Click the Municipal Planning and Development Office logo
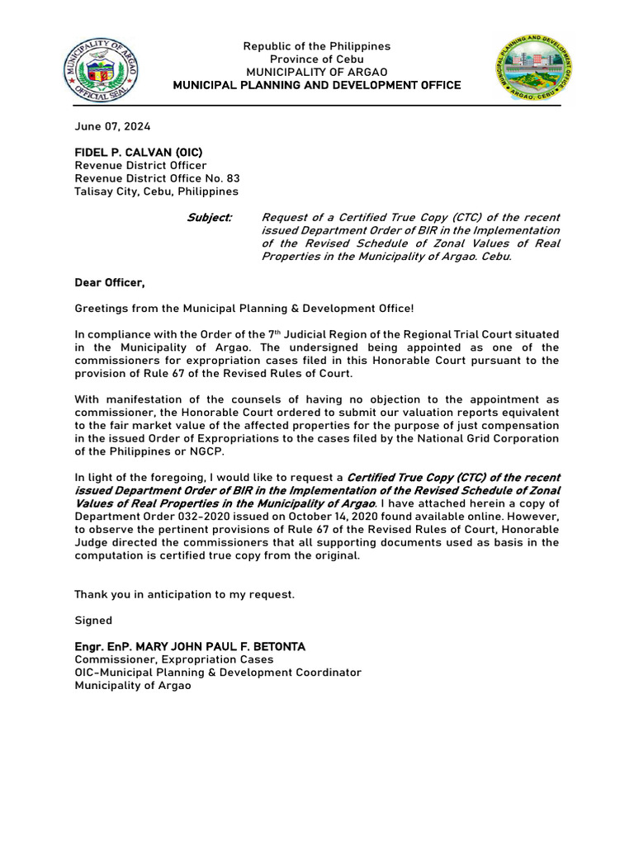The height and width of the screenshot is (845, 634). pos(534,69)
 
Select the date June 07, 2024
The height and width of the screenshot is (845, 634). pos(112,126)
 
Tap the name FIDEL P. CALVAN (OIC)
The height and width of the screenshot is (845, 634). pos(139,153)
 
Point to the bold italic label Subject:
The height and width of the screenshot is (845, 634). pos(211,218)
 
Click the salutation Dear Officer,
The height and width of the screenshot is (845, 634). pos(110,283)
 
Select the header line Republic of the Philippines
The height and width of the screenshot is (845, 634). pos(316,46)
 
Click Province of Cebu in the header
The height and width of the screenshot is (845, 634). pos(316,59)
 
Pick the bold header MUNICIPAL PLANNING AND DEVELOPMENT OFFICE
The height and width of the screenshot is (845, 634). pos(316,86)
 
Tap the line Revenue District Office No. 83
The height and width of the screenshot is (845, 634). pos(157,178)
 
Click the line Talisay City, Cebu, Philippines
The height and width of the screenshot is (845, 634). pos(156,191)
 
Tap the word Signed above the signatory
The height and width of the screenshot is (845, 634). pos(93,621)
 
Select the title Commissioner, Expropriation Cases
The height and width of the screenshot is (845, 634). pos(174,659)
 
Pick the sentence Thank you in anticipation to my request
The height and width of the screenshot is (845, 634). pos(184,594)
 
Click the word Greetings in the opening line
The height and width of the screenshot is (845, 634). pos(103,309)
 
